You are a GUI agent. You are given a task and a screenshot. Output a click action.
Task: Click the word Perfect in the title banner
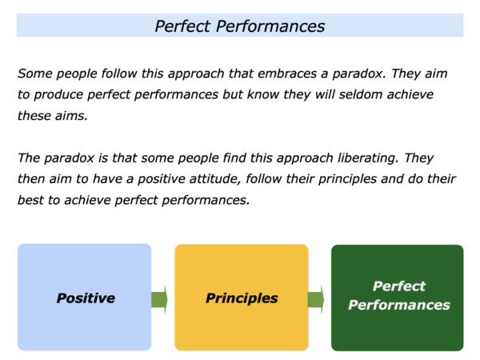pos(182,26)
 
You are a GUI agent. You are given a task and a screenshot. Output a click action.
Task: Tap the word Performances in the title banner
pos(270,26)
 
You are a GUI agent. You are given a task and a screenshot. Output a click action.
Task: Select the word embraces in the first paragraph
pos(287,74)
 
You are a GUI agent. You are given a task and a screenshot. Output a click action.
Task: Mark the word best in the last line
pos(30,200)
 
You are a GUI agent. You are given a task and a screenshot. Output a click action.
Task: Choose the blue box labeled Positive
pos(85,297)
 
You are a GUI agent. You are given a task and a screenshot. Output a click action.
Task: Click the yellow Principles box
pos(242,298)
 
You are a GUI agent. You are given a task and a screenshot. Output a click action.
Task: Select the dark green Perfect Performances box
pos(398,298)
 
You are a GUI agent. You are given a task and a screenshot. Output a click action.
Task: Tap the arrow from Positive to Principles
pos(159,299)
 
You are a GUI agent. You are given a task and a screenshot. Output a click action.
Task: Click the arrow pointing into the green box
pos(316,299)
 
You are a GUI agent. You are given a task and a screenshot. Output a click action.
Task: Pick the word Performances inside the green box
pos(399,305)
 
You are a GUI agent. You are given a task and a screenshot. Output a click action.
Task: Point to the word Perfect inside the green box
pos(399,286)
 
